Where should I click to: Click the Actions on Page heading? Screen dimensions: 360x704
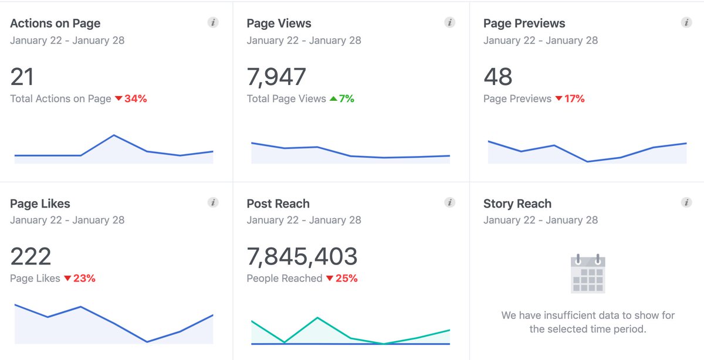[55, 23]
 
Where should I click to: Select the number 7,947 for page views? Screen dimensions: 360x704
[276, 77]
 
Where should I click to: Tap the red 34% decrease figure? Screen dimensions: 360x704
[136, 99]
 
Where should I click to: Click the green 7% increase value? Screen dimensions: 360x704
[346, 99]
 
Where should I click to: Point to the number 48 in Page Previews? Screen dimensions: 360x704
[497, 77]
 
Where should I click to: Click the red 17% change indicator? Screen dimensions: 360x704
[574, 99]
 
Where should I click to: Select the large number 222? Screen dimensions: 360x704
[31, 257]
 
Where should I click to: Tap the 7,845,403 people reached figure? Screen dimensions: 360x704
[302, 257]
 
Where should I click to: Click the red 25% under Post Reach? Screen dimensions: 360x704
[346, 279]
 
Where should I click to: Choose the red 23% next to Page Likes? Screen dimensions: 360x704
[84, 279]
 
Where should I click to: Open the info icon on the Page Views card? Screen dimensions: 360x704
[450, 23]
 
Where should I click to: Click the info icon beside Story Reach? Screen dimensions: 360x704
[686, 202]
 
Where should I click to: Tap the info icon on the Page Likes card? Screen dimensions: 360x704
[213, 202]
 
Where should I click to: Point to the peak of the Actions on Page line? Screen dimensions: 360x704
[114, 135]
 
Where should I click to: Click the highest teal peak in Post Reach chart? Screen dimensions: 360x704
[317, 318]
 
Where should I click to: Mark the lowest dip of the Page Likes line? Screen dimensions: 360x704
[147, 341]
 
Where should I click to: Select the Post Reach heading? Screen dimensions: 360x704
[278, 203]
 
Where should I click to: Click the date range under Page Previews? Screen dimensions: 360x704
[540, 40]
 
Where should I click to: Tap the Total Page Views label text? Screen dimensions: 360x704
[286, 99]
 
